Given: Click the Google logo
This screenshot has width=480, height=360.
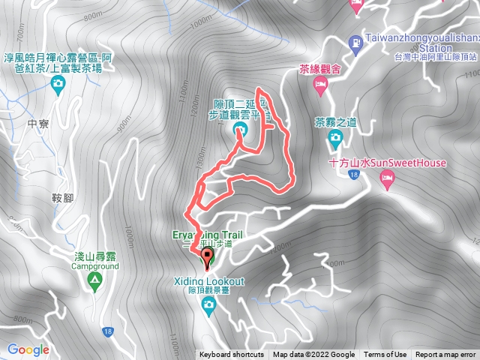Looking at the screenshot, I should click(x=28, y=349).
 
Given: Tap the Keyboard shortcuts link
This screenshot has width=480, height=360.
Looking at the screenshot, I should click(x=231, y=355).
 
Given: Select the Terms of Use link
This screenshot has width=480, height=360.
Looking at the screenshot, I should click(x=385, y=355).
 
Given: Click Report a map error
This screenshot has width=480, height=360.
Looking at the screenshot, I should click(x=445, y=355).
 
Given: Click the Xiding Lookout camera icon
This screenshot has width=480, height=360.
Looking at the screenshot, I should click(x=208, y=303).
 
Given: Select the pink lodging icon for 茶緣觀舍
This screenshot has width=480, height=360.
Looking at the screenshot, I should click(x=320, y=89).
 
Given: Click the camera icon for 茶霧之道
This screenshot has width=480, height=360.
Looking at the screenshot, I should click(x=334, y=136).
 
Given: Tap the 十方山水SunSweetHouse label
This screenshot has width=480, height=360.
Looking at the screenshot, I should click(x=387, y=163).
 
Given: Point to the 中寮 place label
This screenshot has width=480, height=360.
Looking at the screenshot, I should click(x=37, y=124).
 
